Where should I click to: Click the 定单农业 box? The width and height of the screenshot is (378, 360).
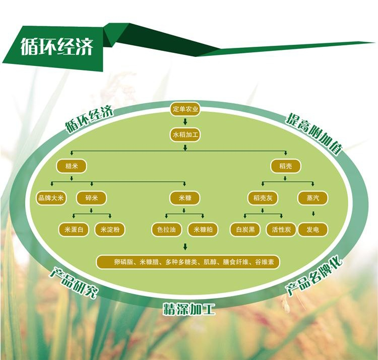click(185, 109)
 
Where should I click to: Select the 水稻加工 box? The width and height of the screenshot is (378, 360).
click(185, 135)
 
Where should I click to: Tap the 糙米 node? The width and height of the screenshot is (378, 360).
click(71, 166)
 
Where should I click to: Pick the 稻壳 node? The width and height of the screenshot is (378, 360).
click(285, 166)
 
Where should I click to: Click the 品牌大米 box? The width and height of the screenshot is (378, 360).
click(51, 198)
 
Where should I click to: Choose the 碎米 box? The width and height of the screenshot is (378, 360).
click(91, 198)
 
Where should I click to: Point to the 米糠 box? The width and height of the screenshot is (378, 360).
click(185, 198)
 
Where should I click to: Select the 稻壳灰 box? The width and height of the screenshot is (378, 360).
click(262, 198)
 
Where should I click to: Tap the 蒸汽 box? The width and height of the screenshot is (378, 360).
click(313, 198)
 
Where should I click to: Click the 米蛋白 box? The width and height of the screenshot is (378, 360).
click(74, 230)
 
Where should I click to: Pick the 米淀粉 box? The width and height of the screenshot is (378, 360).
click(109, 230)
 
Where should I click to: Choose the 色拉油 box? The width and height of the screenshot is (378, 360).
click(167, 230)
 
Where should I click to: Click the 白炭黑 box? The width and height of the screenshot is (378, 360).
click(245, 230)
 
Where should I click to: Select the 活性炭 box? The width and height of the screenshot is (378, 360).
click(281, 230)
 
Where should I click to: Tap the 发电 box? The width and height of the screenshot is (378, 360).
click(313, 230)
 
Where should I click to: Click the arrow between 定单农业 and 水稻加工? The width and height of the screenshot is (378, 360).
click(185, 122)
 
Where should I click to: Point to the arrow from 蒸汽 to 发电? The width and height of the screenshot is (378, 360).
click(313, 213)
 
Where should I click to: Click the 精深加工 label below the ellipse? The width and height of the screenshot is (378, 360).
click(188, 308)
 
